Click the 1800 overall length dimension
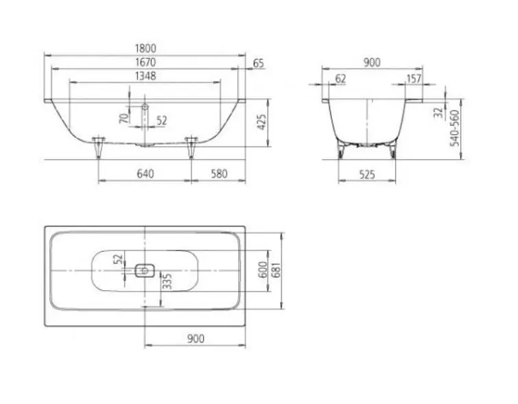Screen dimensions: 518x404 coord(145,48)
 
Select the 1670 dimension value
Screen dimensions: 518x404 coord(145,62)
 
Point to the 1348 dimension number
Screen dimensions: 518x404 coord(145,76)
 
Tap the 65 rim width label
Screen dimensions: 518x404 coord(259,63)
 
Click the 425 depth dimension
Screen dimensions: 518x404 coord(261,122)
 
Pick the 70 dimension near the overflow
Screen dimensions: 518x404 coord(123,118)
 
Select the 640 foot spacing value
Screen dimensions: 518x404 coord(145,174)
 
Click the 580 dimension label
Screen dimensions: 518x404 coord(219,174)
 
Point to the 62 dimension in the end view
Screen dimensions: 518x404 coord(340,79)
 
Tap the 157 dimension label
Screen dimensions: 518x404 coord(414,79)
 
